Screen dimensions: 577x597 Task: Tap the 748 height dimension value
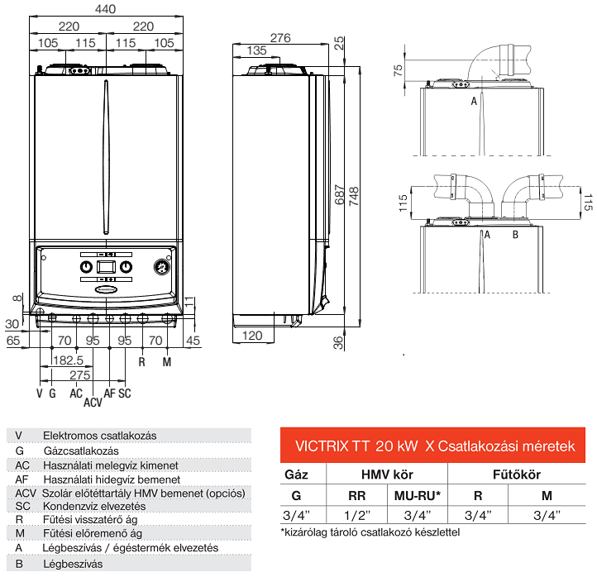pyautogui.click(x=354, y=195)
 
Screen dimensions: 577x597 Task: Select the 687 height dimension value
pyautogui.click(x=337, y=195)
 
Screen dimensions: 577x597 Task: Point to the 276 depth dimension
pyautogui.click(x=280, y=37)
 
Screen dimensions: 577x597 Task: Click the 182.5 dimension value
pyautogui.click(x=67, y=361)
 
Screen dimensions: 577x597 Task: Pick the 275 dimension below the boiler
pyautogui.click(x=79, y=375)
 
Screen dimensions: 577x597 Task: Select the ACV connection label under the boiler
pyautogui.click(x=93, y=403)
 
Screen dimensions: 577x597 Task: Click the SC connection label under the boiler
pyautogui.click(x=125, y=393)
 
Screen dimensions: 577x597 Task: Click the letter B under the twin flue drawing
pyautogui.click(x=514, y=235)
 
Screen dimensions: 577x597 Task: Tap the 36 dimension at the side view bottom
pyautogui.click(x=338, y=343)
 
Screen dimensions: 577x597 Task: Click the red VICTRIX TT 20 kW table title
pyautogui.click(x=434, y=446)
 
